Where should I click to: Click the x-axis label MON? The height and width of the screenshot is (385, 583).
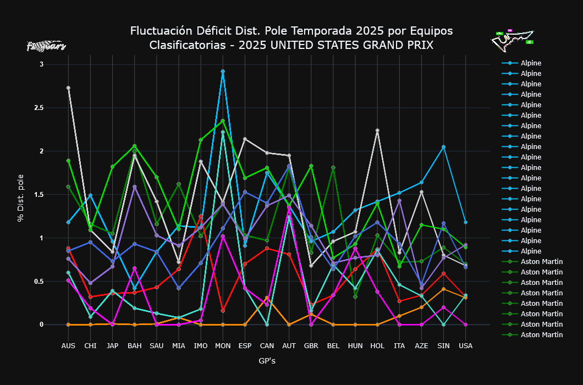(x=223, y=346)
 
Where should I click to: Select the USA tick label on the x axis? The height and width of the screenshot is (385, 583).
(x=466, y=346)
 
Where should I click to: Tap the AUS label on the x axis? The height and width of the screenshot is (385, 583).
(x=68, y=346)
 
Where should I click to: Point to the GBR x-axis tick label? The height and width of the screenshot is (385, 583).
(x=311, y=346)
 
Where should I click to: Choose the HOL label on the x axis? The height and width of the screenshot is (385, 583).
(x=377, y=346)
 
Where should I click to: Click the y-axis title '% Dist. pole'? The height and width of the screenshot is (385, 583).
(x=21, y=195)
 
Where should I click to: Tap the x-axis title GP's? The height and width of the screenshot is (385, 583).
(x=267, y=361)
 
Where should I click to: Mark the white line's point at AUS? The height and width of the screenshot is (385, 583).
(x=68, y=88)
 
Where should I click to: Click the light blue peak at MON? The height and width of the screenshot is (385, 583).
(x=223, y=71)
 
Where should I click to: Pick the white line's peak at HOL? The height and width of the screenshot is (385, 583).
(x=377, y=130)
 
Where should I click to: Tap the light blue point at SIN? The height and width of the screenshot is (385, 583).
(x=443, y=147)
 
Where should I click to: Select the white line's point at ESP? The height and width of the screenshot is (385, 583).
(x=245, y=139)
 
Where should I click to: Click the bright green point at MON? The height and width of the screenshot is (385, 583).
(x=223, y=121)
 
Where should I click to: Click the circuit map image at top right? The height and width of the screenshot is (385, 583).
(x=512, y=41)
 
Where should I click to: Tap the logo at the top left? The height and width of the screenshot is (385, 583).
(x=46, y=46)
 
